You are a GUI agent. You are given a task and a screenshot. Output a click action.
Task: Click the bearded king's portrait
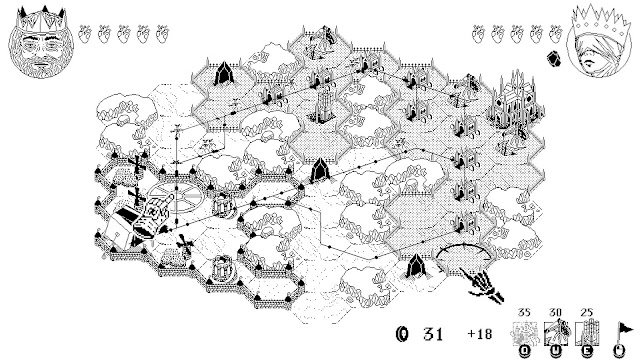[x=41, y=43]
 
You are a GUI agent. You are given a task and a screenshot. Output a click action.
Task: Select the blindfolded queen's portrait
[x=598, y=41]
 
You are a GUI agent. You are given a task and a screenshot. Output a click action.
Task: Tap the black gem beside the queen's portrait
[x=553, y=58]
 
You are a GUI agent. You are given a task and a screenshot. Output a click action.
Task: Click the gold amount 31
[x=433, y=334]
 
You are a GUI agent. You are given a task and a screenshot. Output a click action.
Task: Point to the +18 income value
[x=480, y=334]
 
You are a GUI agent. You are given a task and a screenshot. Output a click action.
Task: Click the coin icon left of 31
[x=402, y=334]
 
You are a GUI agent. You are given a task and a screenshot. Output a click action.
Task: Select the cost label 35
[x=524, y=313]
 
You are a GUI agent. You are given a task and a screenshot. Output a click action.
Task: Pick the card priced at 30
[x=555, y=333]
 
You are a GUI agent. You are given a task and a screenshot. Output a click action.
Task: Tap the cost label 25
[x=587, y=313]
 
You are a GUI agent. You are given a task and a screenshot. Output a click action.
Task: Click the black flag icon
[x=623, y=331]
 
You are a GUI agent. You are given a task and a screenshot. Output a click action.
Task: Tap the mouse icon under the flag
[x=619, y=351]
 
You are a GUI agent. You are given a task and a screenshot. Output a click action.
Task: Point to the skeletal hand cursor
[x=482, y=285]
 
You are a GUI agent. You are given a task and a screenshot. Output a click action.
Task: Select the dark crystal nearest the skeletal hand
[x=416, y=265]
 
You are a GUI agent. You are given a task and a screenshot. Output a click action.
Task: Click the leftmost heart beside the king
[x=85, y=34]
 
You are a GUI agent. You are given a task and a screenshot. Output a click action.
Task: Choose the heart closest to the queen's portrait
[x=556, y=34]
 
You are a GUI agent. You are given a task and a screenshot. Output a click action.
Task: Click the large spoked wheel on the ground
[x=176, y=198]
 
